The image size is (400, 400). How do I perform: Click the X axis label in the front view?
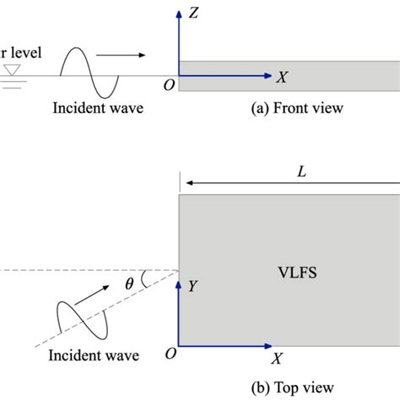click(282, 77)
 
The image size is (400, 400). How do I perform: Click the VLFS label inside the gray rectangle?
click(295, 272)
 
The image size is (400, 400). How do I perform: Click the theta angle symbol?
click(129, 284)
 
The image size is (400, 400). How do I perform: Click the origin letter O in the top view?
click(170, 354)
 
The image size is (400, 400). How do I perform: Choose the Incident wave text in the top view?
click(93, 354)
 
